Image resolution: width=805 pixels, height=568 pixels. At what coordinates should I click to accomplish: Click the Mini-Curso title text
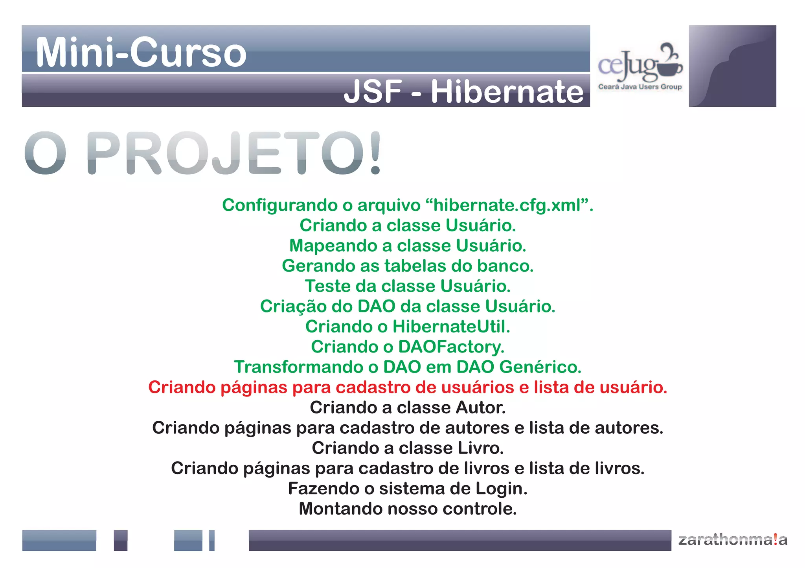(141, 52)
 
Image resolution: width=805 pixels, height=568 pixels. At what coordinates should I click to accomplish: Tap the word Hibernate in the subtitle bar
(507, 92)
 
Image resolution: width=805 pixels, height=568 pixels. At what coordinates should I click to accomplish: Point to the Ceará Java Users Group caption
(640, 87)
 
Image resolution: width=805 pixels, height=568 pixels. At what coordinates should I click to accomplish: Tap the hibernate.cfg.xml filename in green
(507, 205)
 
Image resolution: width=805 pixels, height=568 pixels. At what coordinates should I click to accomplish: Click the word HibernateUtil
(451, 327)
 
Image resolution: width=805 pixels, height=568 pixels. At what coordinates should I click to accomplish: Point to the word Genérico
(540, 367)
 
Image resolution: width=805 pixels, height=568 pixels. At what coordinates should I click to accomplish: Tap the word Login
(501, 489)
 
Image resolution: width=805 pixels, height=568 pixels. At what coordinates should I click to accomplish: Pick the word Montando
(340, 509)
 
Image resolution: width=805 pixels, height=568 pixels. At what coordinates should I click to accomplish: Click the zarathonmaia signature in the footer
(732, 540)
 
